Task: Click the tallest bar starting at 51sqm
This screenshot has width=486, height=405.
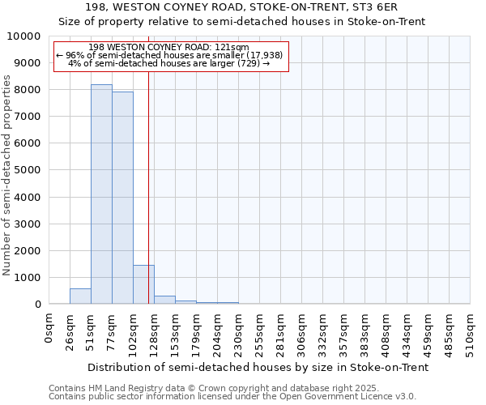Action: tap(101, 194)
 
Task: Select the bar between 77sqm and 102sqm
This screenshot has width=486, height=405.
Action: tap(122, 198)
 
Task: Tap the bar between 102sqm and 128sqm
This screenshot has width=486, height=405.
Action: tap(143, 284)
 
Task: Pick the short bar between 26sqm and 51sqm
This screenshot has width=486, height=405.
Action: tap(80, 296)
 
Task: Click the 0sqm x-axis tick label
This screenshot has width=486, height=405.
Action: tap(49, 327)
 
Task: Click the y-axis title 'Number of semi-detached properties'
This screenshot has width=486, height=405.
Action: tap(8, 175)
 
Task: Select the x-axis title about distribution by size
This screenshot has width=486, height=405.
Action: tap(258, 367)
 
